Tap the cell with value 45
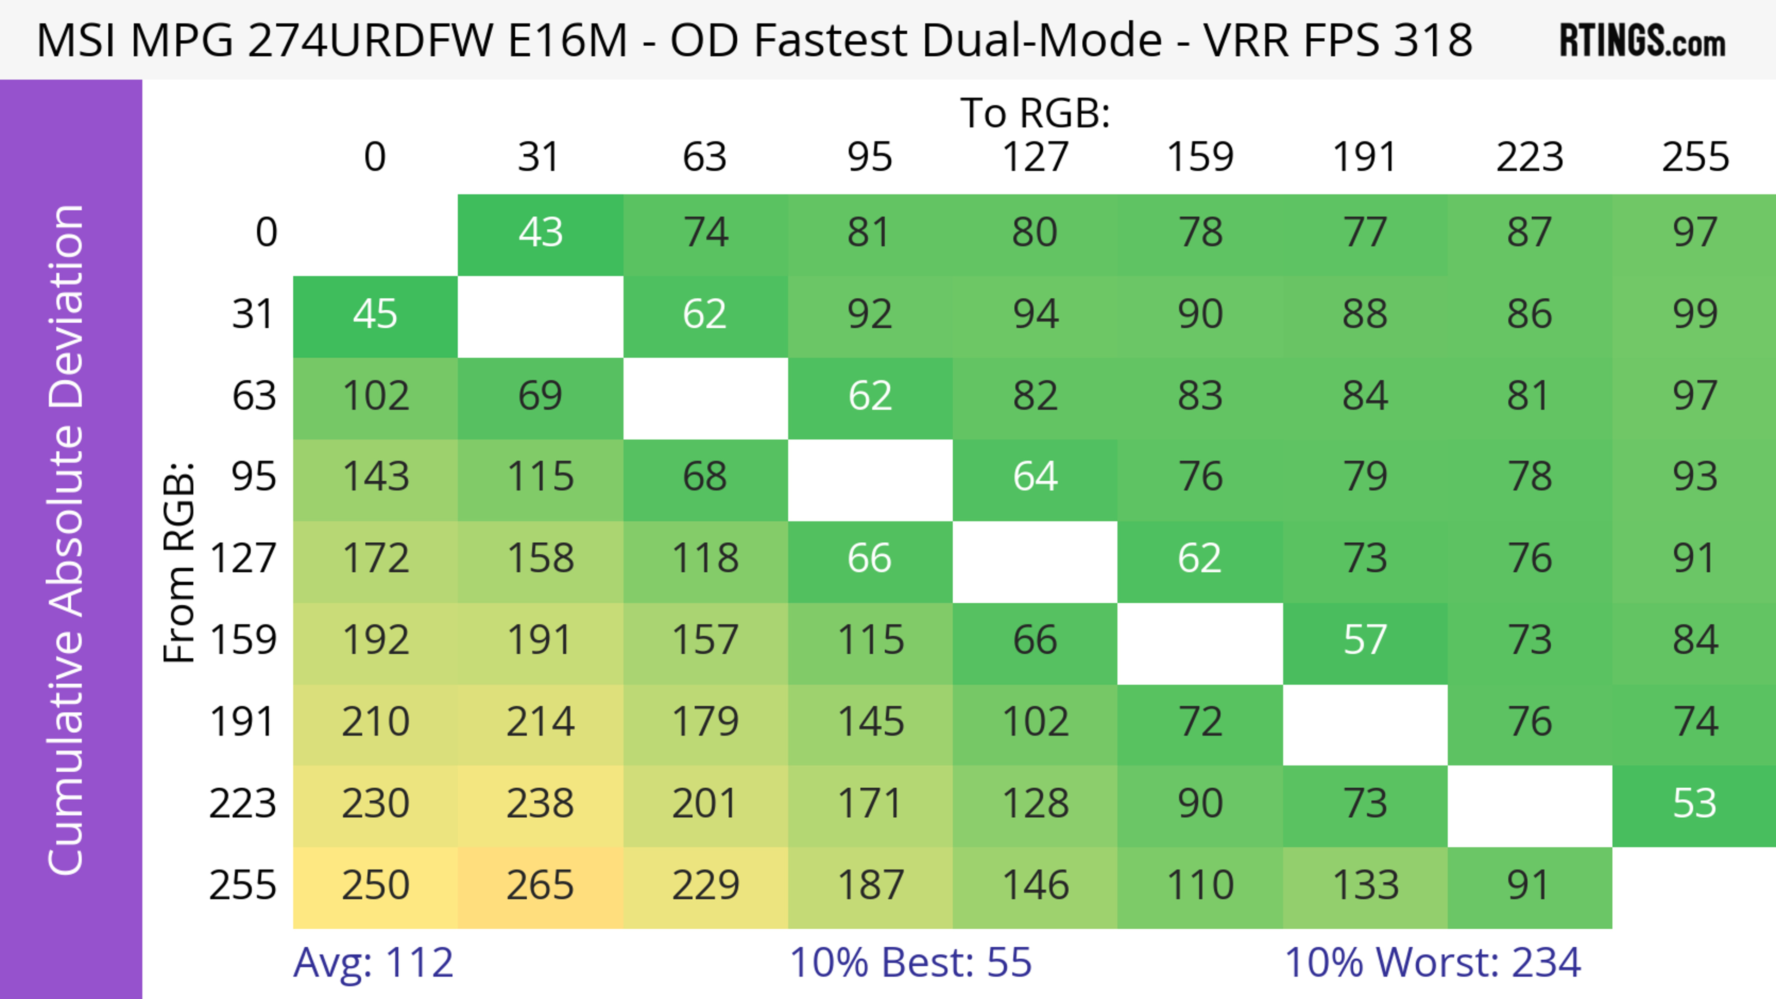(375, 315)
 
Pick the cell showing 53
(1694, 804)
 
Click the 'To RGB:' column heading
(1035, 113)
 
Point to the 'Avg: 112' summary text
(373, 962)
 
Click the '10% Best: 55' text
(910, 962)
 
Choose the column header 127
(1035, 157)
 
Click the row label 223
(243, 804)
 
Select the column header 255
(1695, 157)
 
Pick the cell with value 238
(541, 804)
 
